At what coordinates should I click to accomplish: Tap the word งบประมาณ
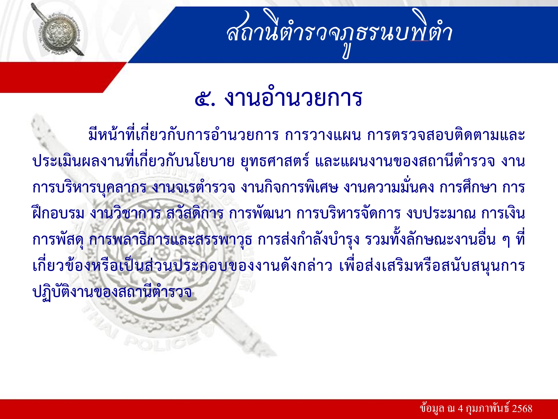(x=441, y=213)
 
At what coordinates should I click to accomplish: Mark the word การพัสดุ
(x=58, y=240)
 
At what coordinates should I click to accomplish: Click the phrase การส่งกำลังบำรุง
(x=308, y=240)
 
